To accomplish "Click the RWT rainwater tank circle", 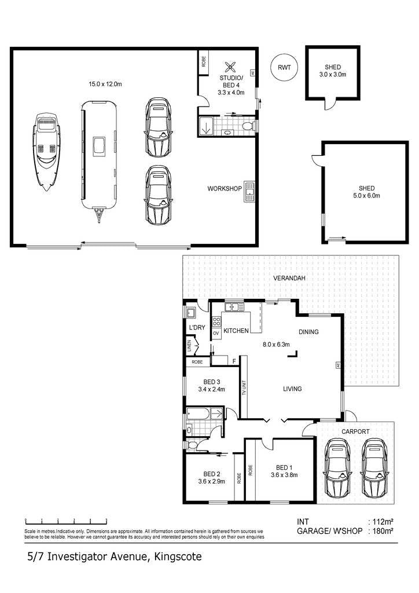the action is [284, 67].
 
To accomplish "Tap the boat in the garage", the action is [46, 152].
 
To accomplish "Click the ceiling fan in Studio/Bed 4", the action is [230, 67].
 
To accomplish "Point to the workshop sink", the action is [249, 192].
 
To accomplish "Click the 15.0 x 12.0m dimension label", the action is [105, 84].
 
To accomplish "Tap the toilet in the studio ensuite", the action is [249, 126].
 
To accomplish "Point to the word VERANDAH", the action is [289, 278].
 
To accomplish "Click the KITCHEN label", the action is [236, 331].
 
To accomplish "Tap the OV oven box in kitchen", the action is [216, 333].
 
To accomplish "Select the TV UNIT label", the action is [244, 387].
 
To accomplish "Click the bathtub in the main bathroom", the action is [198, 413].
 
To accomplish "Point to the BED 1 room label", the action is [284, 467].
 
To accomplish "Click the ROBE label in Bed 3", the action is [197, 362].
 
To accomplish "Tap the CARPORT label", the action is [355, 431].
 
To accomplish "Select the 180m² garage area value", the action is [383, 530].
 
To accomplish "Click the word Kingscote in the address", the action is [178, 557].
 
